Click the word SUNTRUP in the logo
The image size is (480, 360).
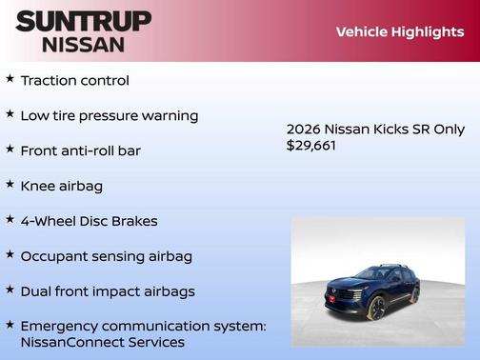coord(83,21)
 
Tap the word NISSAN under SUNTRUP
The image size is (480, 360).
coord(83,44)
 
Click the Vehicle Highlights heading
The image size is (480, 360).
coord(399,31)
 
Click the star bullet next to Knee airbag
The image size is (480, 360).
coord(10,185)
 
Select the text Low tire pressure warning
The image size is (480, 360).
coord(109,115)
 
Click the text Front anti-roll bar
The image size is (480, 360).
coord(80,150)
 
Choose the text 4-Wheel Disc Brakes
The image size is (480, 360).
coord(89,220)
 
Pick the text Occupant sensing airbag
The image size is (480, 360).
coord(106,255)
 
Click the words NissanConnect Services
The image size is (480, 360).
coord(102,342)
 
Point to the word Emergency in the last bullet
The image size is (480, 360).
coord(61,326)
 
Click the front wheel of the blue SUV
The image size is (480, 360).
coord(377,308)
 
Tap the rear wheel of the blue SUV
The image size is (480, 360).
coord(414,296)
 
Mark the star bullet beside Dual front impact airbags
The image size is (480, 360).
coord(10,290)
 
